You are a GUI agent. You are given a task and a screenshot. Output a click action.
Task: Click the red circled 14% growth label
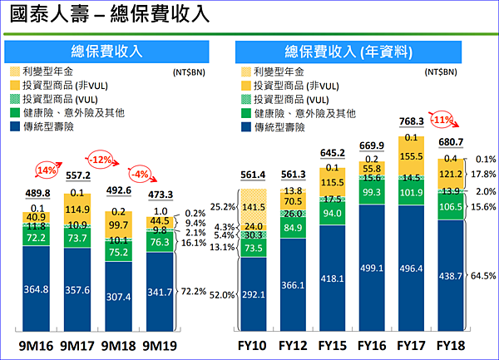click(45, 172)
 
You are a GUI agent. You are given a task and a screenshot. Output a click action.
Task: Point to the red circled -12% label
click(101, 159)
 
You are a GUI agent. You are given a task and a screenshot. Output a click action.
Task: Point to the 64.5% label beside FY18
click(484, 275)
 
